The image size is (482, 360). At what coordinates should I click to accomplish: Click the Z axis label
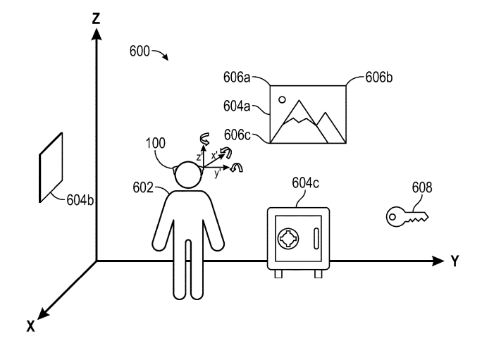point(94,18)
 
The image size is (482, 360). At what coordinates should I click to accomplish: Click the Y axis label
point(455,261)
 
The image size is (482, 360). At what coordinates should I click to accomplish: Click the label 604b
point(79,200)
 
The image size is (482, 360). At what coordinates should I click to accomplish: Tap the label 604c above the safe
point(305,184)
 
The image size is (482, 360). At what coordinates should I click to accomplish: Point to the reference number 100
point(155,142)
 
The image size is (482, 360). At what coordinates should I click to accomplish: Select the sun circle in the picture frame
point(282,99)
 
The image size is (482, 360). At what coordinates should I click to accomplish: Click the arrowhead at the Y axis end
point(440,261)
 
